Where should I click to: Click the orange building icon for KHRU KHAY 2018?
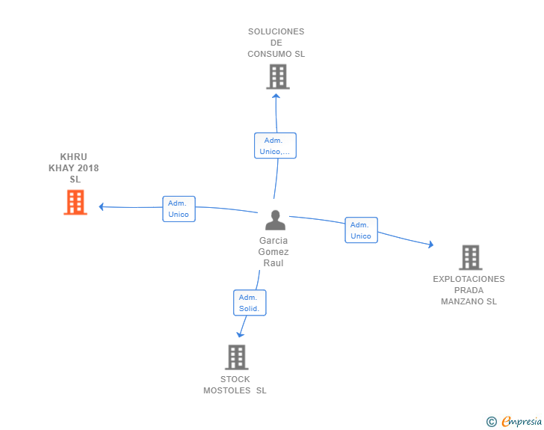pyautogui.click(x=75, y=202)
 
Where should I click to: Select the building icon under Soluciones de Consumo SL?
pyautogui.click(x=277, y=76)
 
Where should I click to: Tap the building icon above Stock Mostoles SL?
pyautogui.click(x=236, y=357)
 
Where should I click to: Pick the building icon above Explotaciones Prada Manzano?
pyautogui.click(x=470, y=257)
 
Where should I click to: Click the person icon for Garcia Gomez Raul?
pyautogui.click(x=275, y=221)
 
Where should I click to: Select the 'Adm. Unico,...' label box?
pyautogui.click(x=275, y=146)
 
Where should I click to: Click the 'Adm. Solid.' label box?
pyautogui.click(x=249, y=303)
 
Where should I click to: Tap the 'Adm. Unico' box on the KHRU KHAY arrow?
pyautogui.click(x=179, y=209)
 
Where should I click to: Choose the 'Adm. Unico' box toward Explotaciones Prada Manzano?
pyautogui.click(x=361, y=230)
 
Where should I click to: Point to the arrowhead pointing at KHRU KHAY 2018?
pyautogui.click(x=102, y=207)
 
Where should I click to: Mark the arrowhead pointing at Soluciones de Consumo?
pyautogui.click(x=276, y=94)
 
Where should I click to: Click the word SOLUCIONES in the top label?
pyautogui.click(x=276, y=31)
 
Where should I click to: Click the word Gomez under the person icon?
pyautogui.click(x=273, y=252)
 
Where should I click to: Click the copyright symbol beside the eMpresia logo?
pyautogui.click(x=491, y=422)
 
